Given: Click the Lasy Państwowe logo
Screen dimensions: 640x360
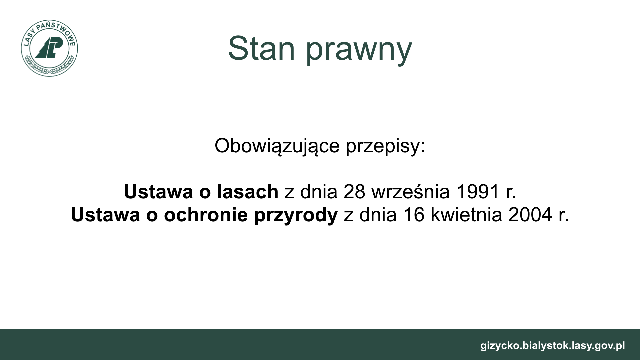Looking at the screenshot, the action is click(49, 48).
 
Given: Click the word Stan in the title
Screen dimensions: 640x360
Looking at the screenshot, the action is click(262, 49).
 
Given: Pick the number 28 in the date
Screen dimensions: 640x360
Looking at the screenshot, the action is click(354, 192).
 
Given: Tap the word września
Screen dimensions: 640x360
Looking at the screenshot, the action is click(411, 192).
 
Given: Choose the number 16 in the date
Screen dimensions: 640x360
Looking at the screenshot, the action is click(414, 215).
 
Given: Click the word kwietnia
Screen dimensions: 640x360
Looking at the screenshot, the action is click(466, 215).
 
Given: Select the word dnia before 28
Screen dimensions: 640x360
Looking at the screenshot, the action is click(318, 192).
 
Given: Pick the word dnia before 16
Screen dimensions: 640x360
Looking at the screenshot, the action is click(378, 215).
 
